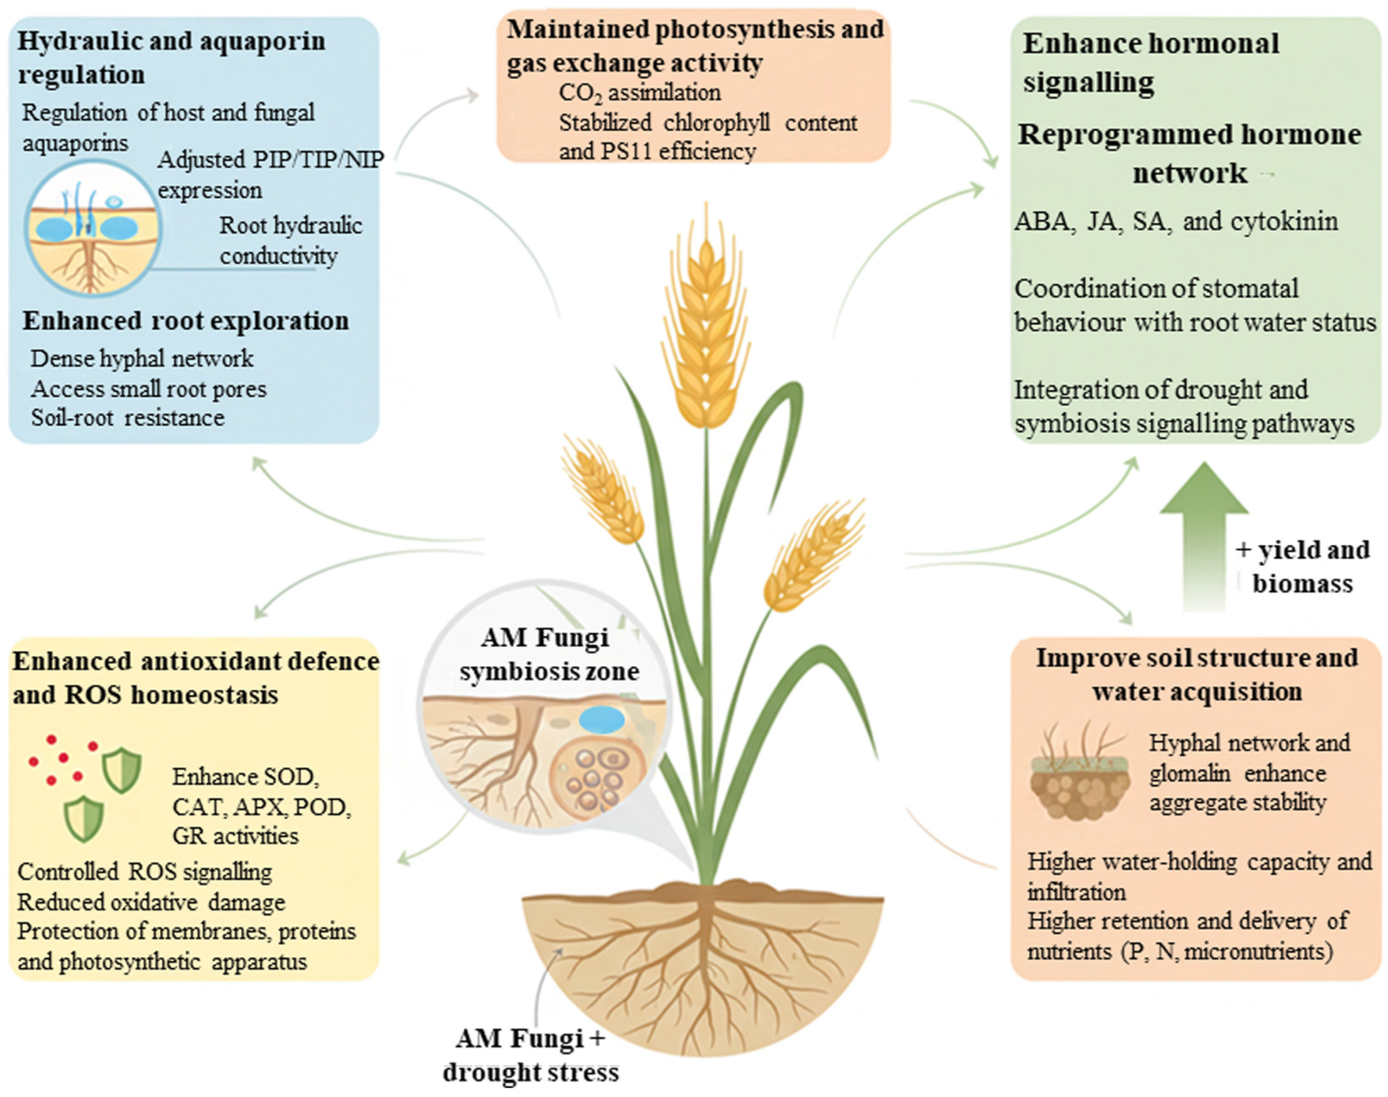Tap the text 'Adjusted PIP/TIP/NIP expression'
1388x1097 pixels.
(x=270, y=175)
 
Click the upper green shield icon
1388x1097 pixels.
(x=122, y=769)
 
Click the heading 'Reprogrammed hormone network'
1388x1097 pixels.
(x=1189, y=154)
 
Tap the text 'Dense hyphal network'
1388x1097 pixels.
(x=142, y=358)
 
